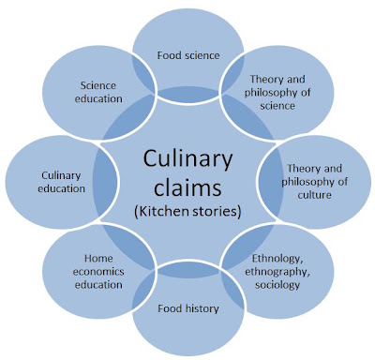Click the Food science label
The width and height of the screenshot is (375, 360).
click(188, 55)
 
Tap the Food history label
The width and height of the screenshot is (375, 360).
click(188, 308)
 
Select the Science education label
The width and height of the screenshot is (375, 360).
click(98, 92)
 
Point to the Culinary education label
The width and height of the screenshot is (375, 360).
click(61, 182)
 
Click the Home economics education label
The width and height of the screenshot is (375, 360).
click(98, 272)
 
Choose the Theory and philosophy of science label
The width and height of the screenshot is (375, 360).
click(277, 92)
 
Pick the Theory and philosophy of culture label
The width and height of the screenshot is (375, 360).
click(314, 182)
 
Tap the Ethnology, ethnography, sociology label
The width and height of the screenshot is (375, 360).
click(277, 272)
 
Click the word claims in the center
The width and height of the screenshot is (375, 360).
click(187, 187)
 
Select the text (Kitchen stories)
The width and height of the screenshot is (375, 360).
click(187, 212)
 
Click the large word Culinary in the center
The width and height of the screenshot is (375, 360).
click(187, 159)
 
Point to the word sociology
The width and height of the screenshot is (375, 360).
click(277, 285)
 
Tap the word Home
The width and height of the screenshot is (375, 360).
click(98, 259)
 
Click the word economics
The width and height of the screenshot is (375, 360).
click(98, 272)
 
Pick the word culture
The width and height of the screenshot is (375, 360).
click(314, 195)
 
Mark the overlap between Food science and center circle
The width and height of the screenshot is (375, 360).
click(188, 95)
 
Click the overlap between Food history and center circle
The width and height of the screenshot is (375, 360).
click(188, 269)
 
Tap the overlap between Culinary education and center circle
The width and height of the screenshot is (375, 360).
click(106, 182)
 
